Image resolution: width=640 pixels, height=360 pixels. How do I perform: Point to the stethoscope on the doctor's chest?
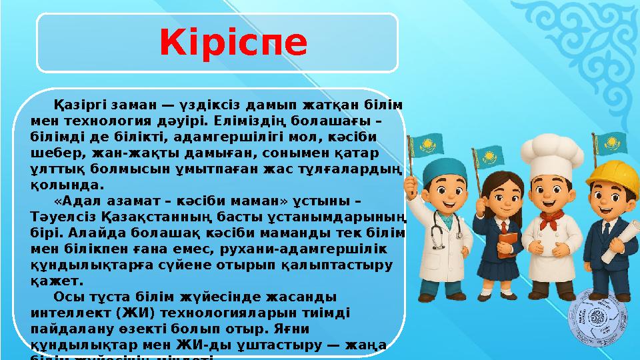(437, 230)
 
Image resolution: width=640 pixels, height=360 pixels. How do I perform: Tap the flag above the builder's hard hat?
(608, 142)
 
